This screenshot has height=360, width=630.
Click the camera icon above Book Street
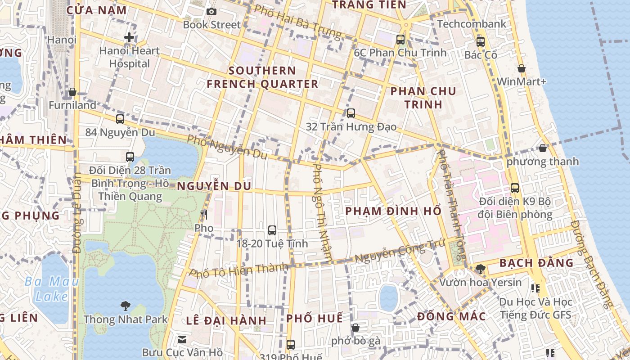click(211, 11)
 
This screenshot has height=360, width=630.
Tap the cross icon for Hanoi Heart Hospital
click(129, 37)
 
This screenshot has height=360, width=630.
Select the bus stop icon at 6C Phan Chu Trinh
click(400, 40)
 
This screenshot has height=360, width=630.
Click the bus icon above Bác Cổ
click(481, 42)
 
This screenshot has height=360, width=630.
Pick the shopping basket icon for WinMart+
click(522, 68)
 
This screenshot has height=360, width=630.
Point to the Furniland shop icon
click(72, 92)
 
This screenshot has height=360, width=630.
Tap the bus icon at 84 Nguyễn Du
click(120, 119)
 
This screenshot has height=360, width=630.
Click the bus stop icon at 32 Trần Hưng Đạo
click(351, 113)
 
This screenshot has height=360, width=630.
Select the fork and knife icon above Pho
click(204, 215)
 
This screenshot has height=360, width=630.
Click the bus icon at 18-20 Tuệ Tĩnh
click(272, 230)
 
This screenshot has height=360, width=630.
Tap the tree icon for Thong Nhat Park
click(126, 306)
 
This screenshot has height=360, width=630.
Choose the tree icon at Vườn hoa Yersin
click(480, 269)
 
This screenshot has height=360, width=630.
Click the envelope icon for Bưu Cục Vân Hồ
click(182, 339)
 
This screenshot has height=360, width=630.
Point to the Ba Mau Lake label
click(52, 289)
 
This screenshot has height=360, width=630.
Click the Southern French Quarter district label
click(262, 77)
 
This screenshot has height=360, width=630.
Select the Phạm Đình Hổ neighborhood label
click(393, 211)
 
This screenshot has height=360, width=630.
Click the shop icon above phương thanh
click(543, 148)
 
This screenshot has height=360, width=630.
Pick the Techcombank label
click(472, 24)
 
